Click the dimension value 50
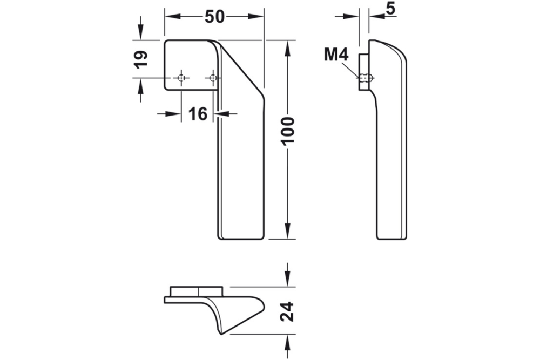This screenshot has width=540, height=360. click(214, 17)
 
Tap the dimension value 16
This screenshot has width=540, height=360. click(198, 114)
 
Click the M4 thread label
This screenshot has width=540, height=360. click(336, 55)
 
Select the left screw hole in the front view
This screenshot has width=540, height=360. click(181, 79)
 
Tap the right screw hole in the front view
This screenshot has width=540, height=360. click(213, 79)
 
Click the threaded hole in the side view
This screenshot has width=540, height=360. click(366, 79)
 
